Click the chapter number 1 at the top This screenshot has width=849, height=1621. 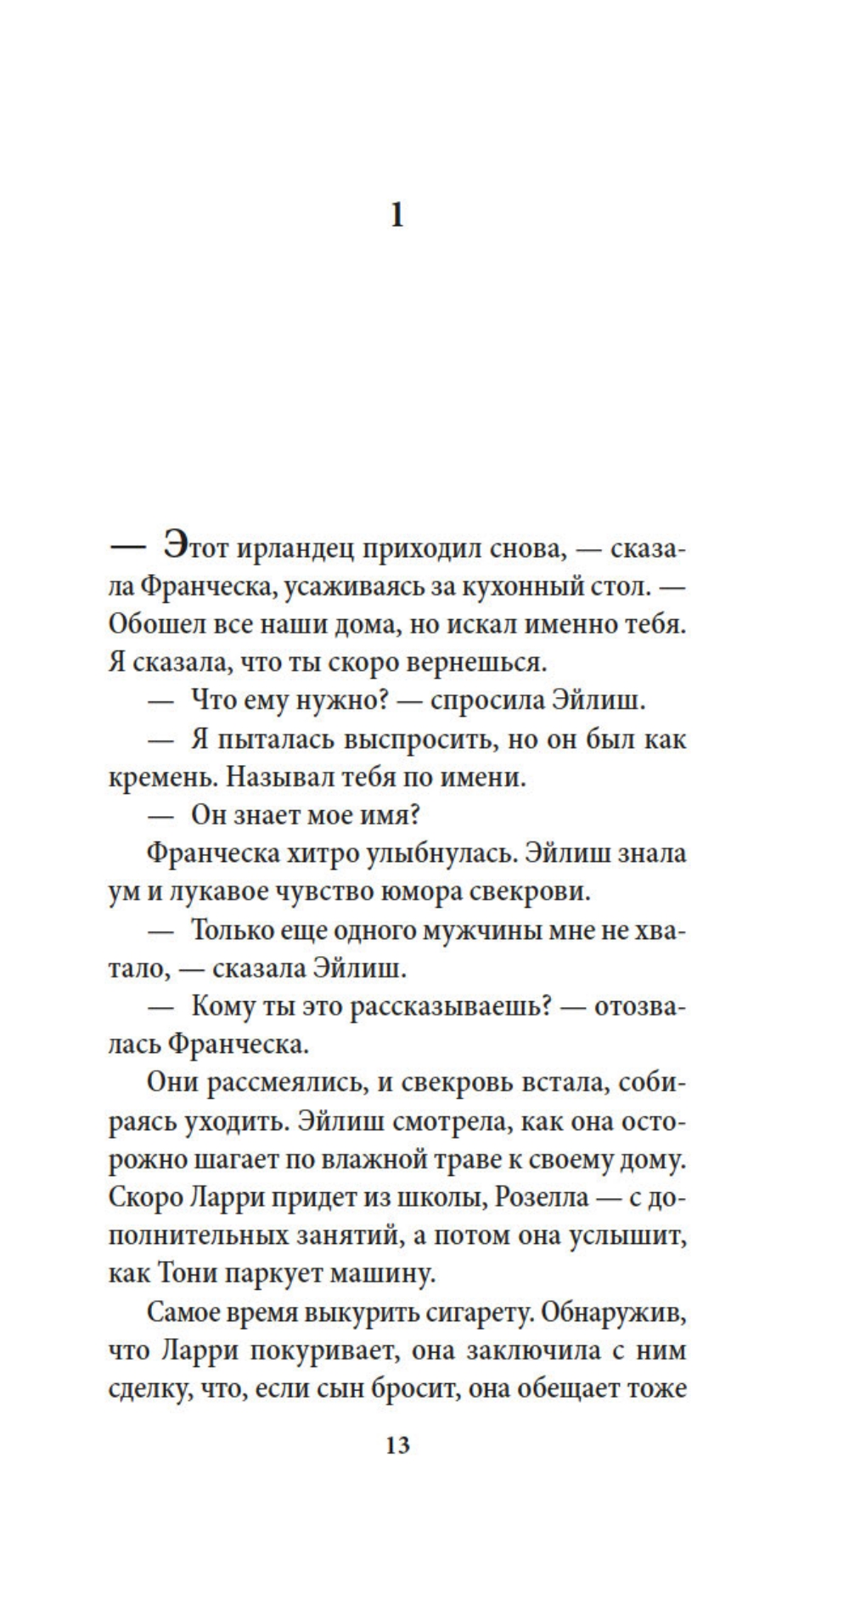tap(397, 217)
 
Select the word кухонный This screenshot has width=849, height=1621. tap(531, 587)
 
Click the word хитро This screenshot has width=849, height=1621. tap(318, 853)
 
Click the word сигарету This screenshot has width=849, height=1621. tap(454, 1313)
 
